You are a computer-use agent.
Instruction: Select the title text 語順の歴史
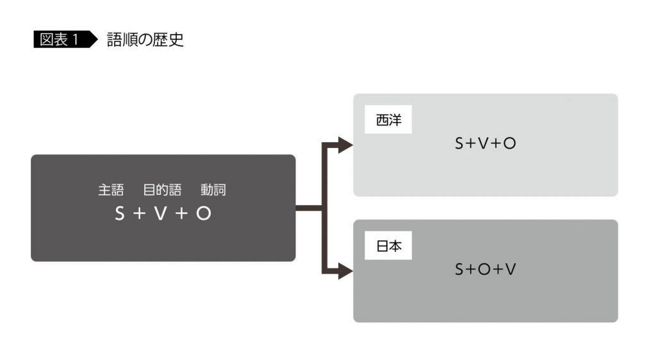(145, 39)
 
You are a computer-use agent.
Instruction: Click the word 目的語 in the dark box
(162, 190)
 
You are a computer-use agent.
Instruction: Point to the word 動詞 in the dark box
(213, 190)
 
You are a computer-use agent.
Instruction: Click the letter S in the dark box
(120, 214)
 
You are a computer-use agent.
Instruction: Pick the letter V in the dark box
(160, 214)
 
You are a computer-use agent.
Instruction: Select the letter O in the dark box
(203, 214)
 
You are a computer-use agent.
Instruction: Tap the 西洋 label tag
(388, 120)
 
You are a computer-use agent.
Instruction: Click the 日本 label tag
(388, 247)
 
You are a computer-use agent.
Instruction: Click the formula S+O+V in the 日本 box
(485, 270)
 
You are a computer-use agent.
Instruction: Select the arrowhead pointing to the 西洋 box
(345, 145)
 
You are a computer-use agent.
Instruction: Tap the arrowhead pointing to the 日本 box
(345, 271)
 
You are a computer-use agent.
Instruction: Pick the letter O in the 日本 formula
(485, 270)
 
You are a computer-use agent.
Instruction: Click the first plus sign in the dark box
(140, 214)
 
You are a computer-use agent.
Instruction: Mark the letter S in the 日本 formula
(459, 270)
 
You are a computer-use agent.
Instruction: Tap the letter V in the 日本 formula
(511, 270)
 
